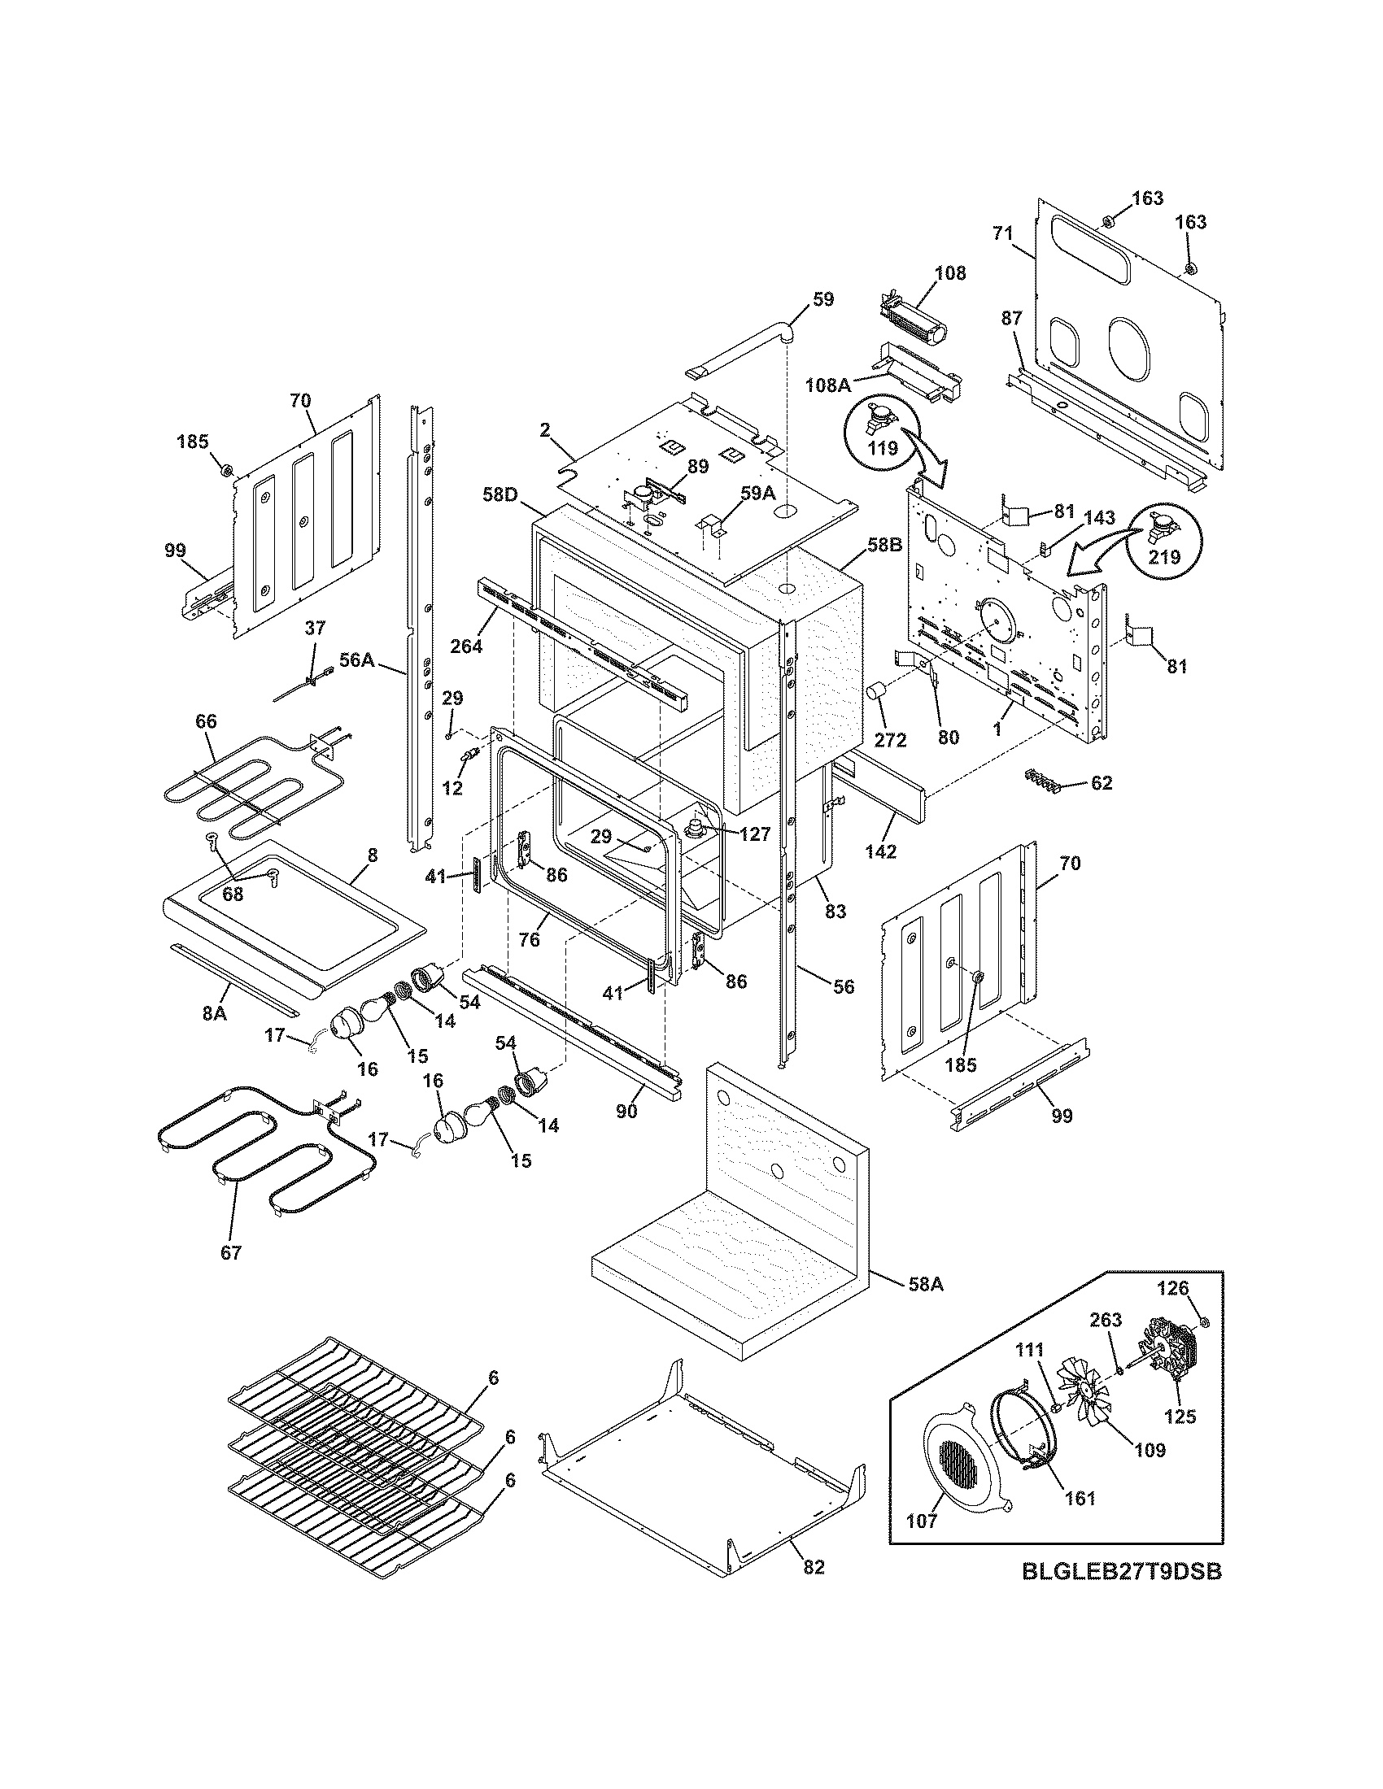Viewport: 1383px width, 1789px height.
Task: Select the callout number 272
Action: pos(891,740)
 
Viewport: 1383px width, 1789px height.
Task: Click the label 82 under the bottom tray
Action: pos(814,1567)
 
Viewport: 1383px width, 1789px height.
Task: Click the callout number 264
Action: pos(466,645)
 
